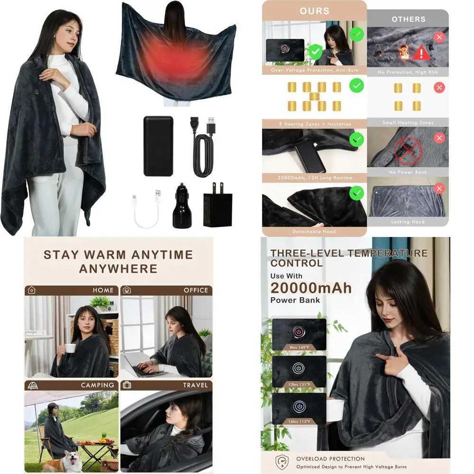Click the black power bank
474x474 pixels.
(x=158, y=146)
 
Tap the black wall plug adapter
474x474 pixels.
(x=218, y=208)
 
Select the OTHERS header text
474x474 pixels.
(x=408, y=19)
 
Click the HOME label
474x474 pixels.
(x=103, y=290)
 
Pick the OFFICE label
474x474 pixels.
(x=196, y=290)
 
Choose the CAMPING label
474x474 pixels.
(x=97, y=385)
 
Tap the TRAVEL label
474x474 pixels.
(x=195, y=385)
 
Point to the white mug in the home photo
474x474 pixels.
(x=70, y=347)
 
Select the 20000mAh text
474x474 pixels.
(x=311, y=288)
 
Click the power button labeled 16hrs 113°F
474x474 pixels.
(x=299, y=406)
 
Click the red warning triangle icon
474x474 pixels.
(x=421, y=53)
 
